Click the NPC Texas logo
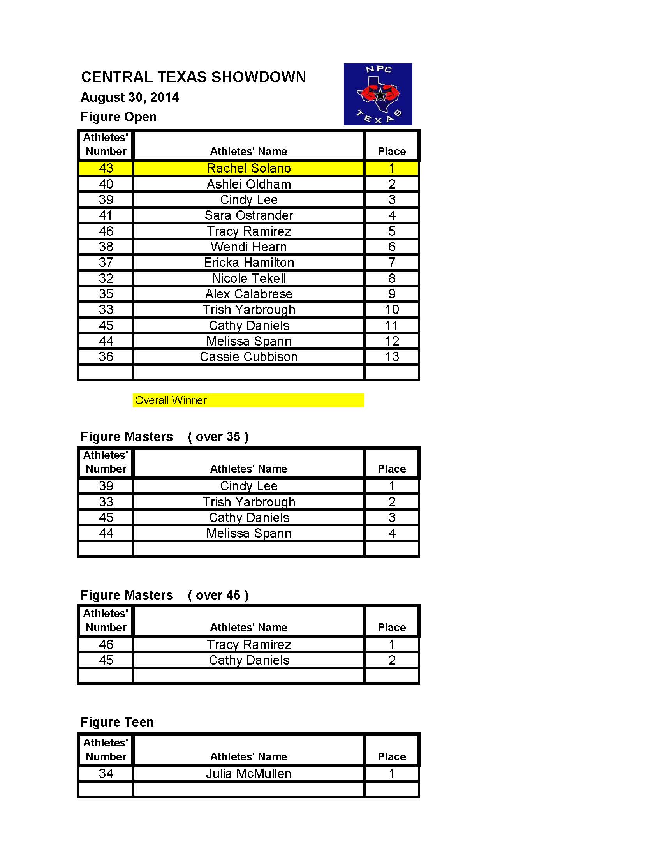pyautogui.click(x=378, y=94)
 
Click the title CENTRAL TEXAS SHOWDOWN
pyautogui.click(x=194, y=77)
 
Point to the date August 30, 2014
pyautogui.click(x=129, y=97)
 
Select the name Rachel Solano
pyautogui.click(x=249, y=168)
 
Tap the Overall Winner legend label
pyautogui.click(x=171, y=400)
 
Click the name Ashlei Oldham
pyautogui.click(x=249, y=184)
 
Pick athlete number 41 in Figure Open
pyautogui.click(x=106, y=215)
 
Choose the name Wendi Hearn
pyautogui.click(x=249, y=247)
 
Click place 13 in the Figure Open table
pyautogui.click(x=391, y=357)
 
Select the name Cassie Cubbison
pyautogui.click(x=249, y=357)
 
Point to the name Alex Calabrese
pyautogui.click(x=249, y=294)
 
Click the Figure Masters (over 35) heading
pyautogui.click(x=164, y=437)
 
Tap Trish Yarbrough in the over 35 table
pyautogui.click(x=249, y=502)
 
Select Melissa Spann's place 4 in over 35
pyautogui.click(x=391, y=533)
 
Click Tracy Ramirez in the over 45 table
pyautogui.click(x=249, y=644)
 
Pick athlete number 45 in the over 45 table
pyautogui.click(x=106, y=660)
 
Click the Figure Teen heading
pyautogui.click(x=117, y=722)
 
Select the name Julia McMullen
pyautogui.click(x=249, y=773)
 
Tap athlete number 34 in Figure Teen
pyautogui.click(x=106, y=773)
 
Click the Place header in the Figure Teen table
pyautogui.click(x=391, y=756)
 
